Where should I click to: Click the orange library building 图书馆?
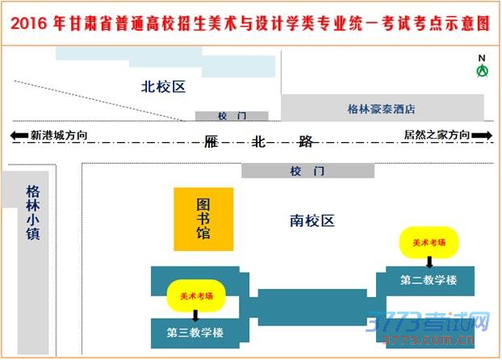[203, 219]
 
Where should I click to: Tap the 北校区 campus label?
[163, 87]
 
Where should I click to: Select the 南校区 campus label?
[312, 221]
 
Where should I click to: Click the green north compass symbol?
[482, 71]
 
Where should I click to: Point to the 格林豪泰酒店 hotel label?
[381, 109]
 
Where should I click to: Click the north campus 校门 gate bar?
[232, 116]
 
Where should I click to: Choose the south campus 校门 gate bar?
[308, 170]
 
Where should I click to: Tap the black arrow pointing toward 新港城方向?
[19, 136]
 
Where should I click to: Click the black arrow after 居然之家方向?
[482, 135]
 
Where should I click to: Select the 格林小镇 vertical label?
[33, 212]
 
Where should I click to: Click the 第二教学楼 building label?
[429, 280]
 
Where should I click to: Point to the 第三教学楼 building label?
[195, 333]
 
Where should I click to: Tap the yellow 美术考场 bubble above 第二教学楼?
[429, 242]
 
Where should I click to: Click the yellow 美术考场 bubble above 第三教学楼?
[196, 296]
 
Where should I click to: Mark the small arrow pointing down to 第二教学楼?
[429, 262]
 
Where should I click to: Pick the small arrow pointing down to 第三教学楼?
[195, 316]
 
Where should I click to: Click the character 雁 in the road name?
[211, 141]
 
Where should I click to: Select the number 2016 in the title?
[29, 23]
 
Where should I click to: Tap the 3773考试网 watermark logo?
[428, 327]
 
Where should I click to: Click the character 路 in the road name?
[305, 141]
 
